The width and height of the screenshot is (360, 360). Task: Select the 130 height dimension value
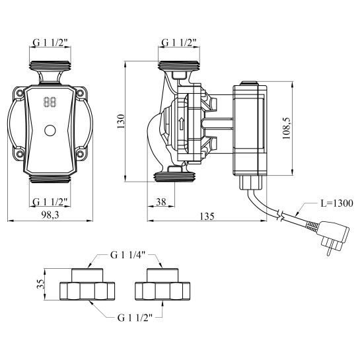(x=120, y=122)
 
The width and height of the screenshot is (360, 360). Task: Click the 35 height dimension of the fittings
(x=40, y=285)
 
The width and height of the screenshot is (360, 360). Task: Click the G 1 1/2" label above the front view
(x=50, y=44)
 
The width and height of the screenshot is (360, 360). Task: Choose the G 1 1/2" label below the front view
(x=50, y=201)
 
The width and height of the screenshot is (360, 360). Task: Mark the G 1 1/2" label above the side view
(x=180, y=44)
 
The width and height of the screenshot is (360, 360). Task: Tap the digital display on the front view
(x=50, y=103)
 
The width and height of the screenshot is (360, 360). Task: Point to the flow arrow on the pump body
(x=181, y=124)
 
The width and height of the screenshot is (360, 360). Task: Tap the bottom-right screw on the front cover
(x=80, y=155)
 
